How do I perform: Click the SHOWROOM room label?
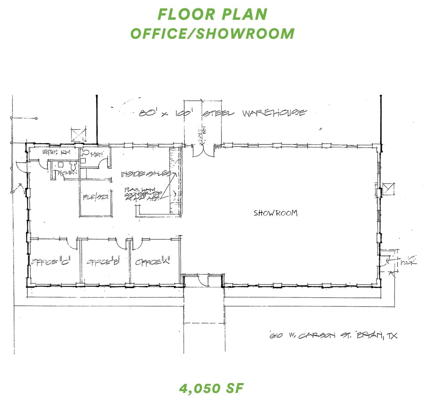(x=275, y=213)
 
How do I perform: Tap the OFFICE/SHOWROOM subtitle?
(x=212, y=33)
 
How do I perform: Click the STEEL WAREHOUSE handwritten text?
(x=254, y=113)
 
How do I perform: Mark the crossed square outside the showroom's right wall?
(x=389, y=189)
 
